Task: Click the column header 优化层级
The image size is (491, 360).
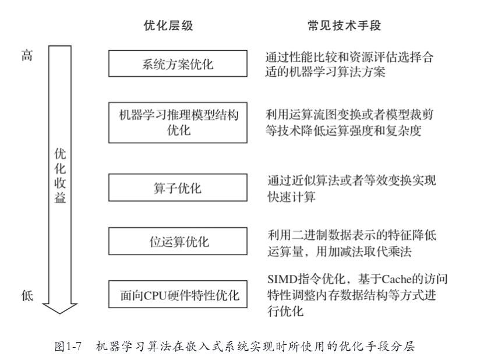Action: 168,26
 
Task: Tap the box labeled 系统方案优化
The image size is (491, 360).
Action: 178,63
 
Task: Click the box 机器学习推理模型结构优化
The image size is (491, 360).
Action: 178,122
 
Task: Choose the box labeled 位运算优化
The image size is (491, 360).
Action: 178,242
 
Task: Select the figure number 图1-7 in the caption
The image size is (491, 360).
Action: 66,346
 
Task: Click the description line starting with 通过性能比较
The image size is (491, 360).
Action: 350,58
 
